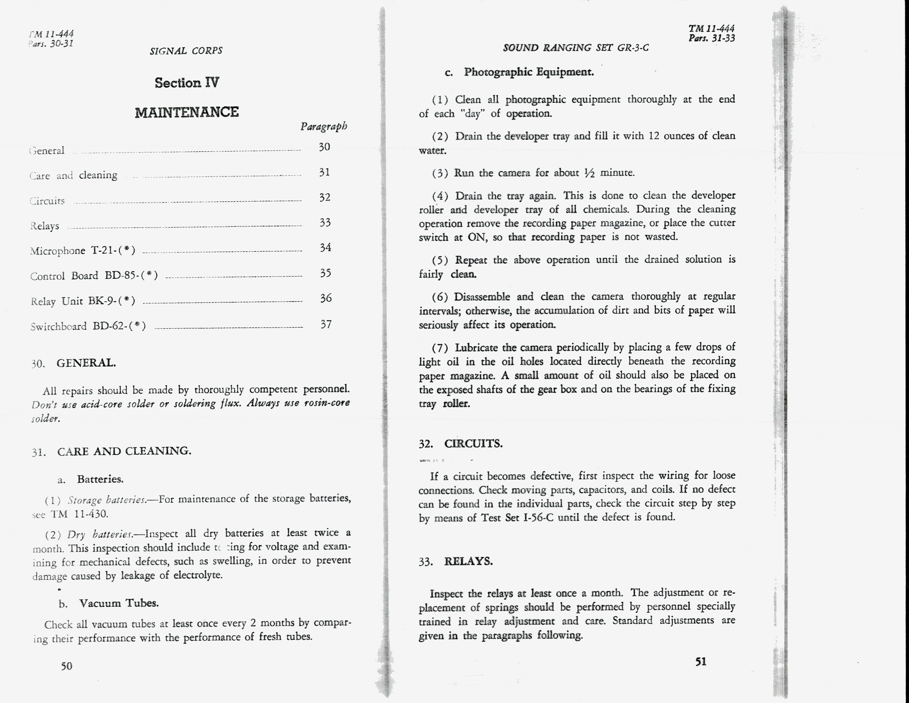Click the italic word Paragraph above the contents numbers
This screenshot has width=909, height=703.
tap(324, 126)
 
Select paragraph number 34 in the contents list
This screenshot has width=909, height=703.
tap(326, 248)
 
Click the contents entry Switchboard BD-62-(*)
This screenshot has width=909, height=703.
tap(88, 326)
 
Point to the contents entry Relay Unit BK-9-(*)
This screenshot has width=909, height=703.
tap(83, 301)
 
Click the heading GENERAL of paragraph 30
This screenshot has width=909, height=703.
tap(86, 363)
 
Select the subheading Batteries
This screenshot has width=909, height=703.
tap(100, 479)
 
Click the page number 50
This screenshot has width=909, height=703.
tap(67, 666)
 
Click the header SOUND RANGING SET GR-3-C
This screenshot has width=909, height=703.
tap(576, 48)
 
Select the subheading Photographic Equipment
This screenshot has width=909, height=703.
tap(529, 72)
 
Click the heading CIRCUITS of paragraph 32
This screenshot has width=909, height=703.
tap(473, 444)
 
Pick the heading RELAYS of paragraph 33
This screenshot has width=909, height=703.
tap(468, 561)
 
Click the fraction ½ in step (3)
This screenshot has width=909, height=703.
tap(590, 173)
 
